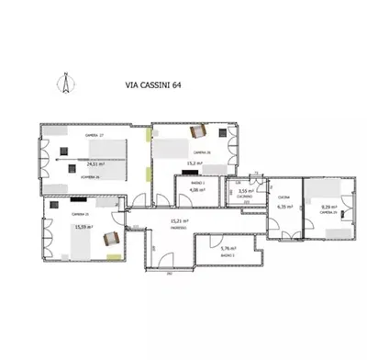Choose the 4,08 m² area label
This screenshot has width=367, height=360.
195,191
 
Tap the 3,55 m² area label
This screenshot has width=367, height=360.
245,191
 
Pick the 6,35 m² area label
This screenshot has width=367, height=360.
284,207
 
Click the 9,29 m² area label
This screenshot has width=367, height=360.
328,207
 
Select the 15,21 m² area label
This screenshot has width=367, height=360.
179,221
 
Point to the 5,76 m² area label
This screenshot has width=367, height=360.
228,248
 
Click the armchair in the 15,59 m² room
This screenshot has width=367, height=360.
111,238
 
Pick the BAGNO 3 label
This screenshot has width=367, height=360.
228,257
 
